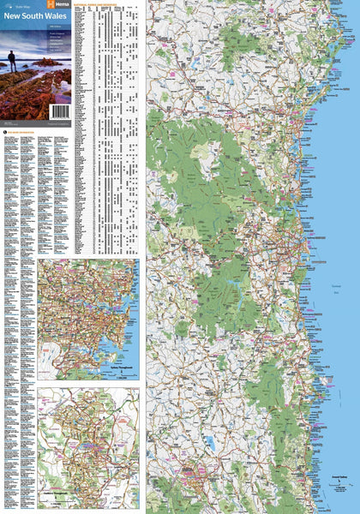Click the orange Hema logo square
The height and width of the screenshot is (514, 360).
click(50, 5)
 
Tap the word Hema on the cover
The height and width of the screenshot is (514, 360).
click(61, 5)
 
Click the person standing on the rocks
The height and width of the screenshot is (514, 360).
click(11, 59)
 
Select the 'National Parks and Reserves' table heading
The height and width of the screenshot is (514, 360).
click(110, 4)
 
